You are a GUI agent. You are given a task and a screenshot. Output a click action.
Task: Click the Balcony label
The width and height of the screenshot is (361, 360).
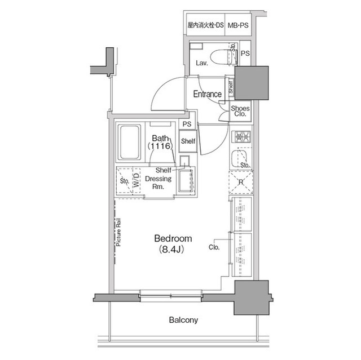point(183,321)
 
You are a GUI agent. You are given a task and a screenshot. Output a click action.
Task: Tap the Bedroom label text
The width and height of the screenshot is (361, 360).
point(173,238)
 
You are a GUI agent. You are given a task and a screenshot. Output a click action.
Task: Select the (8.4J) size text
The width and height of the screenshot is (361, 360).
point(173,249)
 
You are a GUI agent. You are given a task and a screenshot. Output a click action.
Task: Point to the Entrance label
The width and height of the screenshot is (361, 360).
point(207,94)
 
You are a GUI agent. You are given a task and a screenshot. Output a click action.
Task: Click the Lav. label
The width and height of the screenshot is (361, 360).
point(202,63)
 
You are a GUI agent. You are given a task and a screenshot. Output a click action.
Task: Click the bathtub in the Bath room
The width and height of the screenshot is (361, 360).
point(129,143)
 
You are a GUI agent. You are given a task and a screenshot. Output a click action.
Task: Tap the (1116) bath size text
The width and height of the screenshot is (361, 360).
point(160,146)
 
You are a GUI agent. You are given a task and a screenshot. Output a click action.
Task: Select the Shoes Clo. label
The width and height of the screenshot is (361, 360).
point(240,110)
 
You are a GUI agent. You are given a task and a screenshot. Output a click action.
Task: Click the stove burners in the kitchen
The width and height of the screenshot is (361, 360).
point(242,136)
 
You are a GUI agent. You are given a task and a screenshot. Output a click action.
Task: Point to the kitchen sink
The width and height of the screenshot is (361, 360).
point(241,158)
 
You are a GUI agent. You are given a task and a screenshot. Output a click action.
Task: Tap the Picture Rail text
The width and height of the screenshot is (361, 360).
point(119,234)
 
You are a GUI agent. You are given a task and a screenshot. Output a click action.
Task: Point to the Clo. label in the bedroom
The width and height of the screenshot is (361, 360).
point(214,246)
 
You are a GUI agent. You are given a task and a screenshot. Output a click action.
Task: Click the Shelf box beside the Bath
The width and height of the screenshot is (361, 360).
point(188,141)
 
